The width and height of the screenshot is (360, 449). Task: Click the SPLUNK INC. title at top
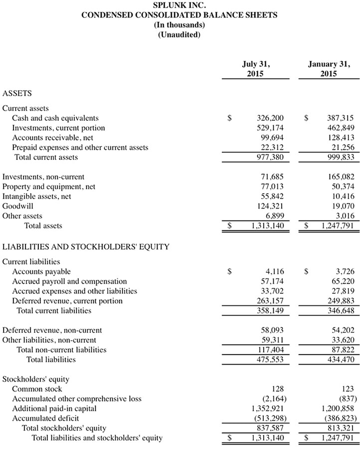tap(180, 5)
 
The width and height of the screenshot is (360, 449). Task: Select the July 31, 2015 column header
tap(256, 69)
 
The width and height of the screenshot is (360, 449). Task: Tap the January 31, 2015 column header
tap(328, 69)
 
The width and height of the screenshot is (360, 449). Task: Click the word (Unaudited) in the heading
tap(180, 34)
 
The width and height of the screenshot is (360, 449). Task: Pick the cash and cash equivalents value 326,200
tap(270, 118)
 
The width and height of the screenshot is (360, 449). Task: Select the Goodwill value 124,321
tap(270, 206)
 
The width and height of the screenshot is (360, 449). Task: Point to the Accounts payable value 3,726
tap(344, 272)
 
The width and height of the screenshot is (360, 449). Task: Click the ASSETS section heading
tap(17, 93)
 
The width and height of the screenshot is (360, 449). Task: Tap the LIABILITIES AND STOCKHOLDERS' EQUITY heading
tap(86, 246)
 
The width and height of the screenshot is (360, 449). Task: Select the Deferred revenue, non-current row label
tap(52, 330)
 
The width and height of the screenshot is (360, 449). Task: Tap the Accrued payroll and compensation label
tap(69, 282)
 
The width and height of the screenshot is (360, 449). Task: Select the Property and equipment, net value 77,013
tap(272, 187)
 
